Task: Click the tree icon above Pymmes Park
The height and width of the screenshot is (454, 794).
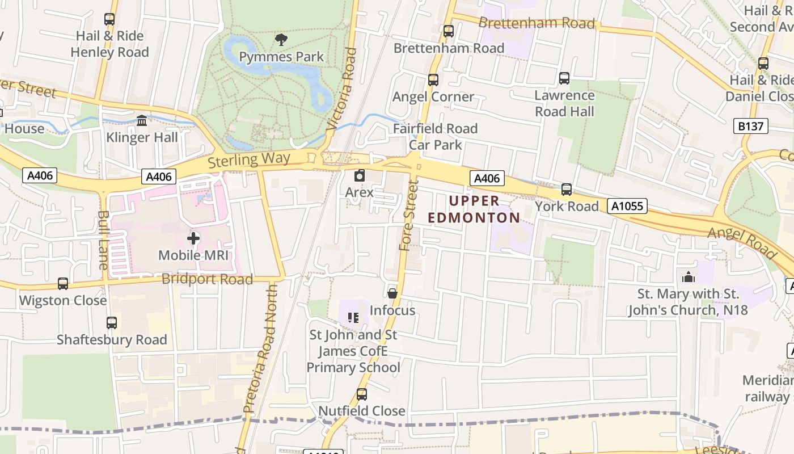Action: pyautogui.click(x=281, y=39)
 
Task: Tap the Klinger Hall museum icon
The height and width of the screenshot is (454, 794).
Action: pyautogui.click(x=142, y=120)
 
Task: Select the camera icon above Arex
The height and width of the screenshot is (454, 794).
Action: pyautogui.click(x=359, y=175)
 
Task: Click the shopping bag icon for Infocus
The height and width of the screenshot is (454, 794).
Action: pyautogui.click(x=392, y=293)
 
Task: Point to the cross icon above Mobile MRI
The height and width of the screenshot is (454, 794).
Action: pyautogui.click(x=193, y=238)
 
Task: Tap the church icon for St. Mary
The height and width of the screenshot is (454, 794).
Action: pyautogui.click(x=689, y=277)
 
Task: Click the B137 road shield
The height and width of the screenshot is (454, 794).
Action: pyautogui.click(x=751, y=126)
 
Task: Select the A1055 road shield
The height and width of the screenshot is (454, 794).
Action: pyautogui.click(x=627, y=205)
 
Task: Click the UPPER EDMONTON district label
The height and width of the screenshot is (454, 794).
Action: pyautogui.click(x=474, y=209)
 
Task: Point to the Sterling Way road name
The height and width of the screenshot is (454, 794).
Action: pyautogui.click(x=249, y=159)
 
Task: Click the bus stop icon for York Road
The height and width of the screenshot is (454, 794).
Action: pyautogui.click(x=566, y=189)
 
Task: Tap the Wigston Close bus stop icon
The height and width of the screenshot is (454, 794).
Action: pyautogui.click(x=63, y=283)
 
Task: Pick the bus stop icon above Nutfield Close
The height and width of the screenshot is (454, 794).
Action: pyautogui.click(x=361, y=394)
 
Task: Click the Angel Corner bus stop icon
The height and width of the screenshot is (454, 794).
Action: pyautogui.click(x=433, y=80)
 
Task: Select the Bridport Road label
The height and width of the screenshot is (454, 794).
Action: pyautogui.click(x=207, y=279)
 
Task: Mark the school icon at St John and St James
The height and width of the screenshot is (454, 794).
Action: pyautogui.click(x=353, y=317)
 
